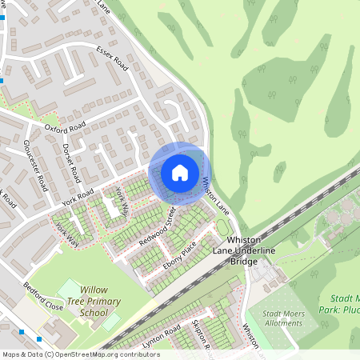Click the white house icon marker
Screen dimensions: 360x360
pos(180,172)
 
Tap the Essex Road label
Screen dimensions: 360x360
pos(112,57)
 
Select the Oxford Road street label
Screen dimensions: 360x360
pos(65,126)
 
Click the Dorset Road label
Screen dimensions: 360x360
pos(70,162)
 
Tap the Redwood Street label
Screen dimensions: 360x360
pos(157,226)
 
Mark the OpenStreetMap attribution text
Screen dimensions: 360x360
pos(81,354)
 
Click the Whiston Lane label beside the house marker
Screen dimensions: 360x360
pos(216,194)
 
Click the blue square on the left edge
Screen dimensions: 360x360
pos(3,81)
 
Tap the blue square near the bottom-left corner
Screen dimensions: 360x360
pos(21,330)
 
